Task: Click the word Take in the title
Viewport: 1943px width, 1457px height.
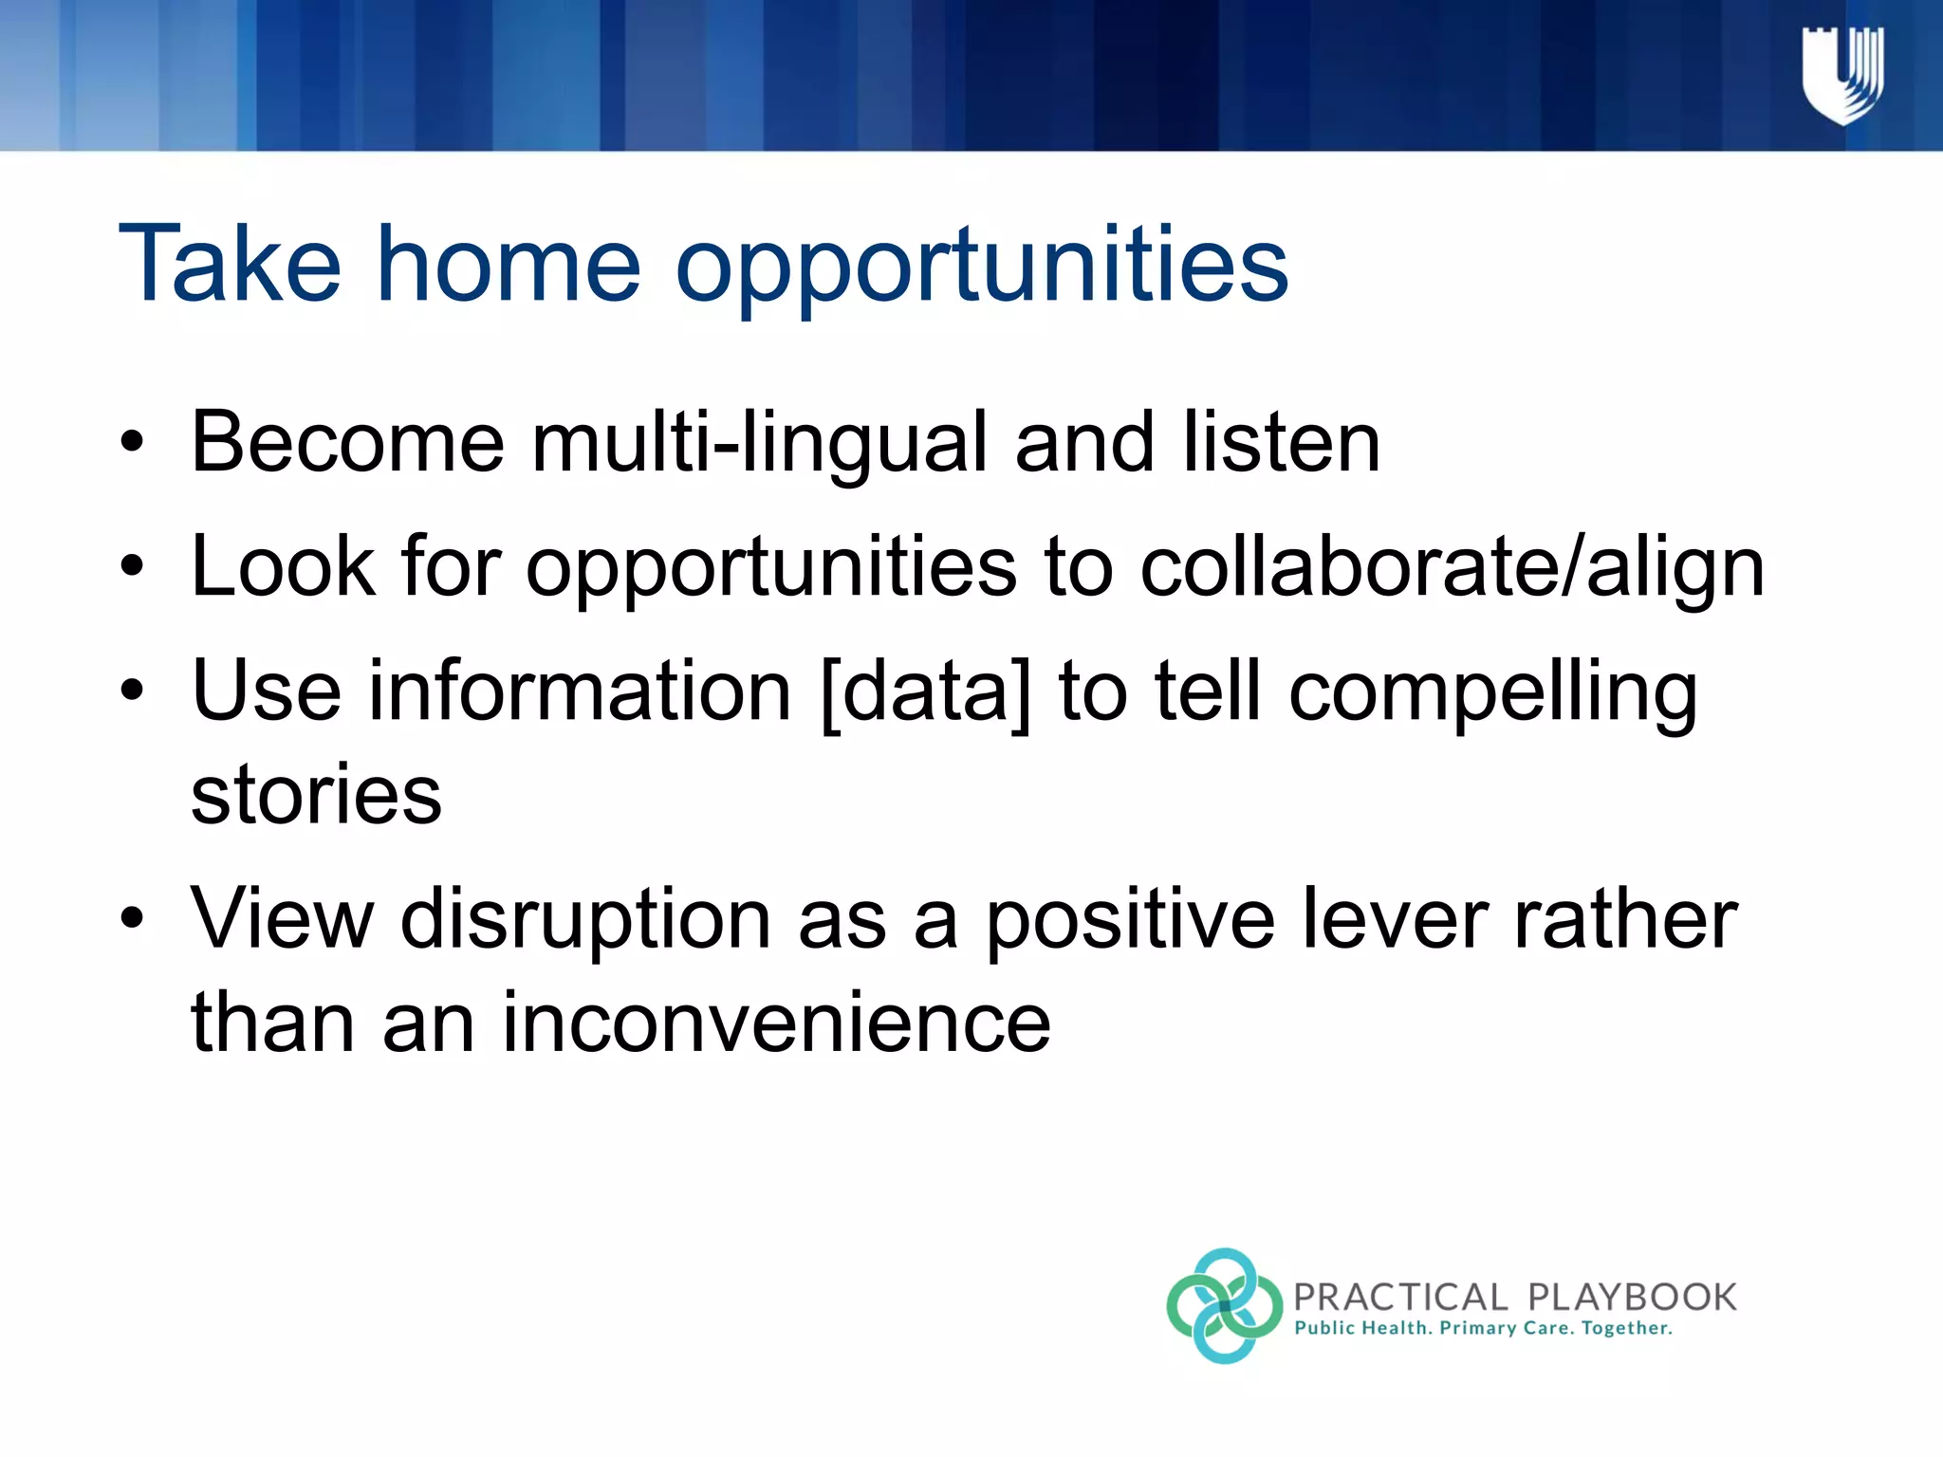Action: pyautogui.click(x=229, y=266)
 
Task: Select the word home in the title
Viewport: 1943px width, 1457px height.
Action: pyautogui.click(x=509, y=266)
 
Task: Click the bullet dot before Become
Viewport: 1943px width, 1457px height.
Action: pyautogui.click(x=132, y=442)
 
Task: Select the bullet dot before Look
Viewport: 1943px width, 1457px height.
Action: pyautogui.click(x=132, y=566)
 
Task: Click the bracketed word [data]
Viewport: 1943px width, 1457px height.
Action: pyautogui.click(x=925, y=692)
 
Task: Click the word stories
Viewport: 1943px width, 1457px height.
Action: pyautogui.click(x=316, y=795)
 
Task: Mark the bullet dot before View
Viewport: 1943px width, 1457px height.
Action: pyautogui.click(x=132, y=918)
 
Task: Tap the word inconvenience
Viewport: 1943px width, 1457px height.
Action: pyautogui.click(x=775, y=1023)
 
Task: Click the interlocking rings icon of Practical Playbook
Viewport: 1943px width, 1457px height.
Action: pyautogui.click(x=1224, y=1306)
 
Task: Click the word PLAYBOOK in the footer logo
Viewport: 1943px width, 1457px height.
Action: pyautogui.click(x=1632, y=1297)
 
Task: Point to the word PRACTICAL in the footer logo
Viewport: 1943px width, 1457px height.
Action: pyautogui.click(x=1400, y=1297)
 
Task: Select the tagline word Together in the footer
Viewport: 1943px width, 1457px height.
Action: pyautogui.click(x=1625, y=1329)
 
